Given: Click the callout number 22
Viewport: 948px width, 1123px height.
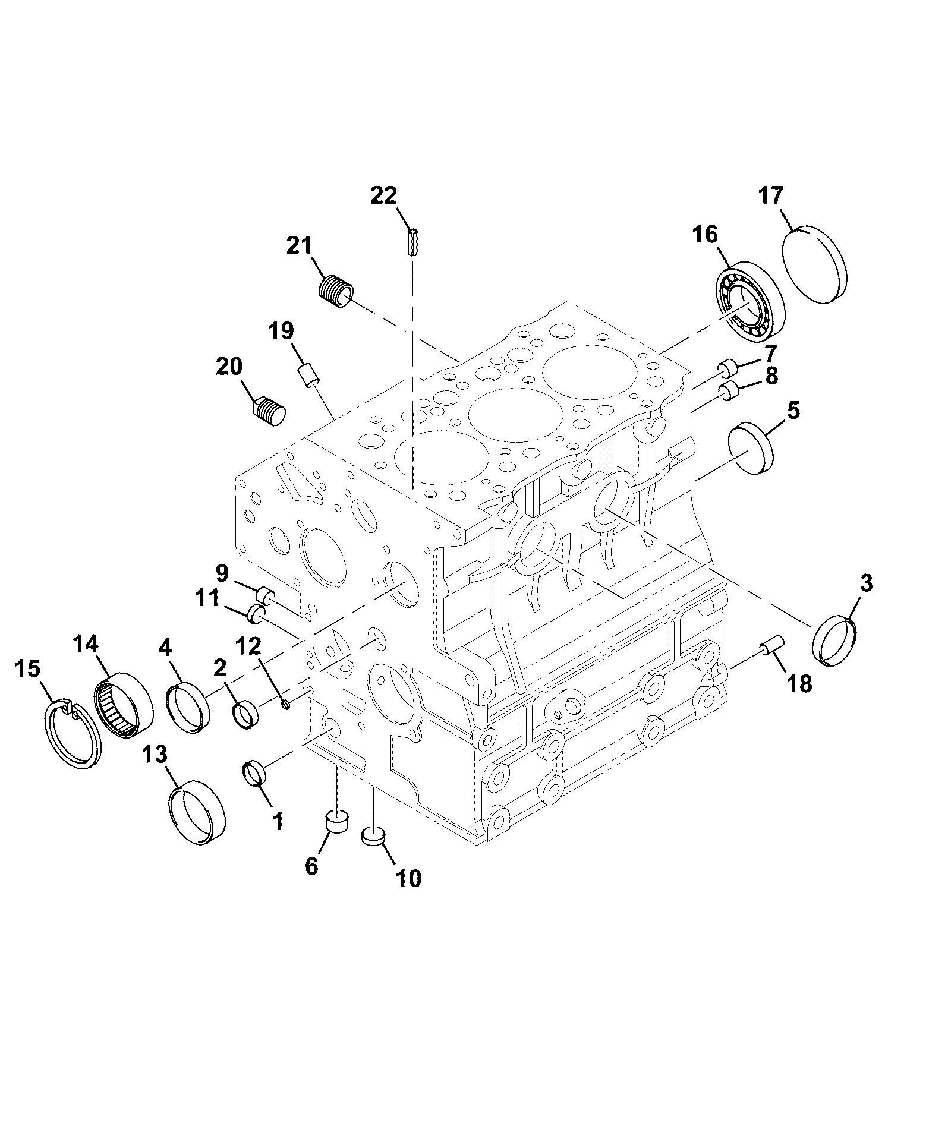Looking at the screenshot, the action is pyautogui.click(x=384, y=195).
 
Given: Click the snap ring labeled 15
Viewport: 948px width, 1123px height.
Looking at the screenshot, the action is pyautogui.click(x=73, y=736).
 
